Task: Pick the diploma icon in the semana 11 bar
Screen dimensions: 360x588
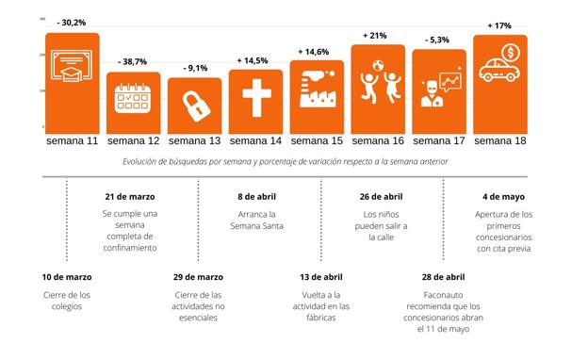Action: [x=72, y=69]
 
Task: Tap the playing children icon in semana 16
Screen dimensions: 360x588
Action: [x=378, y=84]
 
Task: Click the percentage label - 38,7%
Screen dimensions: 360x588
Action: [x=133, y=61]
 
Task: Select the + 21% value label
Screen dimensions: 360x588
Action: [x=377, y=35]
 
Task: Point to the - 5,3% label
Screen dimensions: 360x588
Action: [x=439, y=41]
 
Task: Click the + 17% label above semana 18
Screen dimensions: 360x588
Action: [x=500, y=25]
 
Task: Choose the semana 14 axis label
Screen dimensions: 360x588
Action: [x=255, y=141]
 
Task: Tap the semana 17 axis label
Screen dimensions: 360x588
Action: [x=439, y=141]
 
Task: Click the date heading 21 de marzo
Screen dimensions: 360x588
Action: [x=129, y=197]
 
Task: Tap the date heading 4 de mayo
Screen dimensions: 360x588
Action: [x=504, y=197]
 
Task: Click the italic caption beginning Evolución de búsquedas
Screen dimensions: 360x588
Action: [x=286, y=162]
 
